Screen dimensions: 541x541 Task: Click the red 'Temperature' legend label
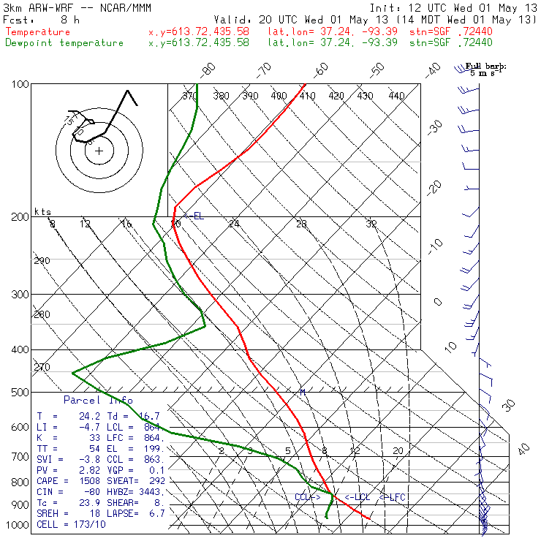pos(38,32)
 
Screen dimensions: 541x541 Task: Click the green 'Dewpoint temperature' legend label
pos(64,42)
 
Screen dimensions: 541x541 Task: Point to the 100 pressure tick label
pos(20,84)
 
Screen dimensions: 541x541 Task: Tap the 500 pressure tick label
pos(20,393)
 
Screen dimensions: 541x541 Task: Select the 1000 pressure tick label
pos(18,526)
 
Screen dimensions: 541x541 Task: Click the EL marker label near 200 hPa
pos(195,216)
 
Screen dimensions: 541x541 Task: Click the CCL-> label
pos(307,497)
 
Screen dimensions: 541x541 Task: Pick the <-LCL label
pos(358,497)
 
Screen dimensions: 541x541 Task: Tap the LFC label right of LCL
pos(393,497)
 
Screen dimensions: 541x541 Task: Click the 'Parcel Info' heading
pos(98,400)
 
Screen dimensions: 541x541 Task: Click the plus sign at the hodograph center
pos(99,151)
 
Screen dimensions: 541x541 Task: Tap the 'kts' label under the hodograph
pos(43,212)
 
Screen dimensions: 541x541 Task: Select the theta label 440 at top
pos(396,96)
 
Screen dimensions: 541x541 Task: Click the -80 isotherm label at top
pos(209,70)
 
